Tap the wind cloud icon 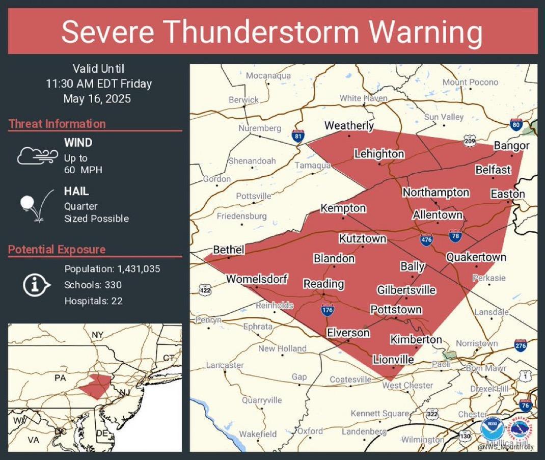coord(35,155)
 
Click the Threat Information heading coord(57,124)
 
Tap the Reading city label coord(323,284)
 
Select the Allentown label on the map coord(437,214)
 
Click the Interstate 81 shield coord(298,136)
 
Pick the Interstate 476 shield coord(427,239)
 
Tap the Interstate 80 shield coord(516,125)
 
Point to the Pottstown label coord(396,310)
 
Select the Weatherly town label coord(349,125)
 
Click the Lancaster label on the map coord(225,365)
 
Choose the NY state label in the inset coord(97,335)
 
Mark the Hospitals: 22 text coord(93,301)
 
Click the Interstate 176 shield coord(328,309)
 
